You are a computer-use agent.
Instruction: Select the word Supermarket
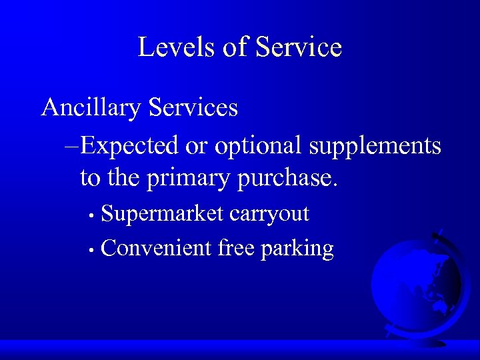tap(163, 214)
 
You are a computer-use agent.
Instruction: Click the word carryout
tap(269, 214)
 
